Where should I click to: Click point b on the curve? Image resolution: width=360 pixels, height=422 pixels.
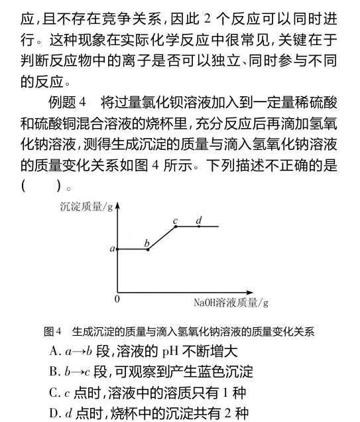point(147,249)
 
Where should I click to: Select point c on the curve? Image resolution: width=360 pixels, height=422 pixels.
point(175,227)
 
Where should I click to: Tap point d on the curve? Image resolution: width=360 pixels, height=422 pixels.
point(199,227)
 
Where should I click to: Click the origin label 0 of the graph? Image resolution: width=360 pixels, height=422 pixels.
point(117,299)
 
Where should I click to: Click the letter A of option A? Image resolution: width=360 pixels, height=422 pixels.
point(54,351)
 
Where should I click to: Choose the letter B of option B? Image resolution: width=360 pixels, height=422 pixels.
point(54,372)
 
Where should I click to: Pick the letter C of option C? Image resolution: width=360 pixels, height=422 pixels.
point(54,393)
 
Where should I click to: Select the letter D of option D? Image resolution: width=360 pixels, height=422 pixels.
point(54,413)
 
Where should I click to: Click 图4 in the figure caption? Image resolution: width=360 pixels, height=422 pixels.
point(52,330)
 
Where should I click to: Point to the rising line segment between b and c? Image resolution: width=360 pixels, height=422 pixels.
point(161,238)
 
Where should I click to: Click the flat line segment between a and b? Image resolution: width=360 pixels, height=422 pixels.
point(133,249)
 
